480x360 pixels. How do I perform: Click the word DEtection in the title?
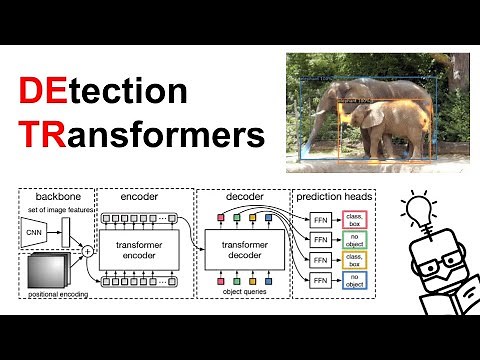click(x=102, y=93)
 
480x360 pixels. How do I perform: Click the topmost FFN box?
click(x=318, y=219)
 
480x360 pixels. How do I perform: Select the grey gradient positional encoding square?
click(x=44, y=270)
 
